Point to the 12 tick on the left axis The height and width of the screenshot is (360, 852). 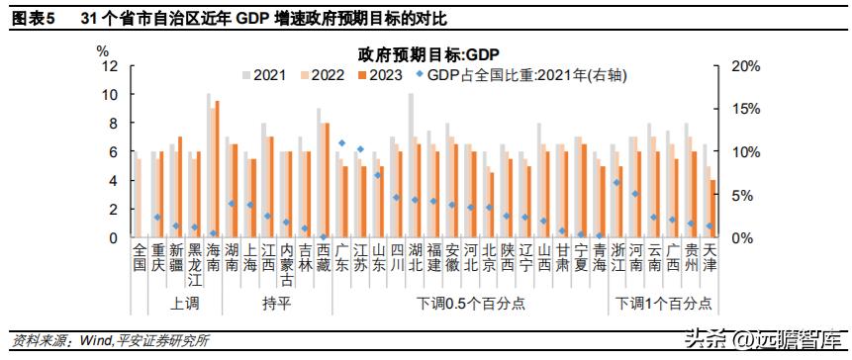tap(110, 66)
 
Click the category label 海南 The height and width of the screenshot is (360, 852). tap(213, 258)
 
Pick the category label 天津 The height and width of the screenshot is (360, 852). tap(709, 258)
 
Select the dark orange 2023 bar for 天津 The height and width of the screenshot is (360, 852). tap(712, 209)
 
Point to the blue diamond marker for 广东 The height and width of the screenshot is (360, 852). tap(341, 143)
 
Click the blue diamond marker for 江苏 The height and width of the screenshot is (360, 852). tap(360, 149)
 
